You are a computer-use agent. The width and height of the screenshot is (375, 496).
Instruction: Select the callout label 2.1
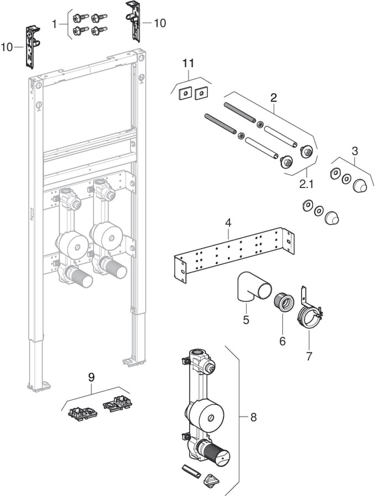[x=308, y=181]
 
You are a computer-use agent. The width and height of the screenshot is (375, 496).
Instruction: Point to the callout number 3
[x=355, y=150]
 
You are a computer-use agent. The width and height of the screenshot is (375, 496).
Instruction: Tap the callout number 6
[x=282, y=341]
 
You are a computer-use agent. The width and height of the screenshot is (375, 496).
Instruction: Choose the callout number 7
[x=309, y=357]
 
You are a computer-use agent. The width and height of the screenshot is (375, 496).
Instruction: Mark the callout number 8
[x=253, y=417]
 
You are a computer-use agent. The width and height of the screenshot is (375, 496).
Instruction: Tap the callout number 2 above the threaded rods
[x=272, y=98]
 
